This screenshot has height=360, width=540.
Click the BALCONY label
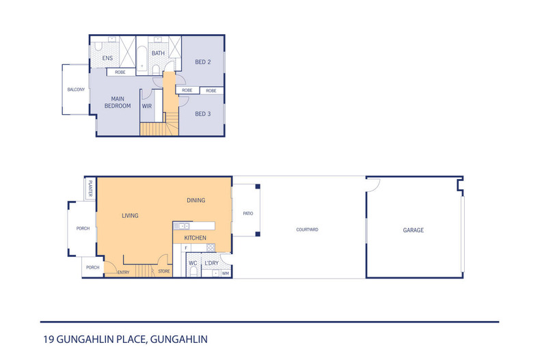tap(76, 89)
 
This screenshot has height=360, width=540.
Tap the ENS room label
tap(107, 59)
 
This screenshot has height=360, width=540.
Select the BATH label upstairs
tap(158, 53)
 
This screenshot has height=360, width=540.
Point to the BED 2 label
tap(203, 62)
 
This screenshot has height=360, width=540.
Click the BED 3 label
tap(203, 113)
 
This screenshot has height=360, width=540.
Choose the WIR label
tap(146, 107)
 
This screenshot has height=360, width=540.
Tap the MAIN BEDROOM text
tap(118, 102)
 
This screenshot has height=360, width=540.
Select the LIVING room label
tap(130, 216)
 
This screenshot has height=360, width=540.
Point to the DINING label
tap(196, 201)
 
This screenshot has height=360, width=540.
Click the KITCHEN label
tap(195, 238)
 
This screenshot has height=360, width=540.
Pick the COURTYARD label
tap(308, 230)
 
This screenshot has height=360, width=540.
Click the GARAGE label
tap(413, 230)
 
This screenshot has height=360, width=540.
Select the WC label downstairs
tap(193, 263)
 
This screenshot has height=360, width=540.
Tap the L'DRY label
tap(211, 263)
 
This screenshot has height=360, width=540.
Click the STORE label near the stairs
tap(164, 272)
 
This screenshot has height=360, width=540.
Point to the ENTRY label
tap(123, 272)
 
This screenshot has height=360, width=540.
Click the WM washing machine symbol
tap(225, 273)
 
